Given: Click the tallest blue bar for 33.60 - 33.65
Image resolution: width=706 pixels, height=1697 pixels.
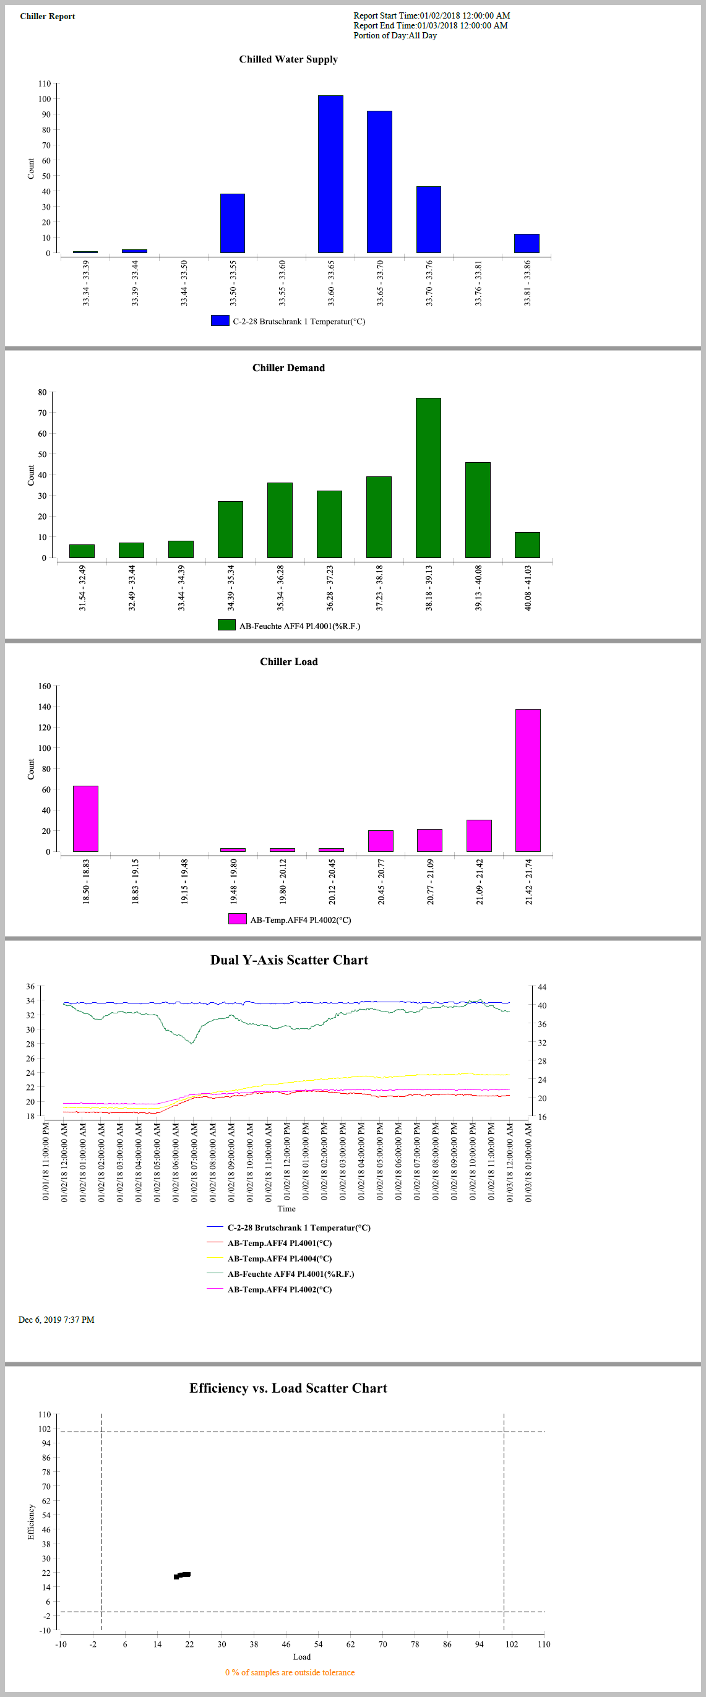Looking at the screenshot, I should (x=330, y=174).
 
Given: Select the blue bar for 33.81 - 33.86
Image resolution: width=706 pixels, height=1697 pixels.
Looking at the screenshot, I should (x=526, y=243).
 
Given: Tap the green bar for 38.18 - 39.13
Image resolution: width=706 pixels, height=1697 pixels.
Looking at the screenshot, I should (x=428, y=478).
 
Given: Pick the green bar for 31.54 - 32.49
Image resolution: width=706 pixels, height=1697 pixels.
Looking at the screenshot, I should (x=82, y=551).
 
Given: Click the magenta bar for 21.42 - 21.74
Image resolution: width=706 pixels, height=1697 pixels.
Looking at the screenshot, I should (x=528, y=780).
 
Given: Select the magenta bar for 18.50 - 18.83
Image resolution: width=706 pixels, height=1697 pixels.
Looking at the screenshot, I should (x=85, y=818).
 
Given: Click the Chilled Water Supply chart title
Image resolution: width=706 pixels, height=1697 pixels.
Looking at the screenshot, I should (x=288, y=59).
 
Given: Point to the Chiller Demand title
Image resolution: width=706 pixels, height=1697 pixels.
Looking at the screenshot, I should (x=288, y=367).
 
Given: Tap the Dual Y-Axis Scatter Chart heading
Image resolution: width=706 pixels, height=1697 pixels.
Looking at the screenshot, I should (x=289, y=960).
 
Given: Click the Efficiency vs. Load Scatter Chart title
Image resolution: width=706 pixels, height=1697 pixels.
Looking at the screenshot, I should (x=288, y=1388).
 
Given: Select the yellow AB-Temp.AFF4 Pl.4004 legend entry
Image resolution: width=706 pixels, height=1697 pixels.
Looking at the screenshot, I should (x=279, y=1258).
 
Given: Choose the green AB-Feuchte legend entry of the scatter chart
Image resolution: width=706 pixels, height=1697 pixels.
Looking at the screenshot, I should (x=290, y=1274).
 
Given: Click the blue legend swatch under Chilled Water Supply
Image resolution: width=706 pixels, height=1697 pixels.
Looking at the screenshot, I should (x=220, y=321).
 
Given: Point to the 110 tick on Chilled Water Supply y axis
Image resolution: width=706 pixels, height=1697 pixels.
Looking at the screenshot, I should (x=44, y=84).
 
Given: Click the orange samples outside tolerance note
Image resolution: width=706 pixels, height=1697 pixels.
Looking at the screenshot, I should (x=290, y=1672).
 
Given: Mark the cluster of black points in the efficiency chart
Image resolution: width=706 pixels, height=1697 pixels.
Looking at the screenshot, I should (x=183, y=1575).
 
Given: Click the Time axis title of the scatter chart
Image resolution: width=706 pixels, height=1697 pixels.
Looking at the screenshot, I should (x=286, y=1208).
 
